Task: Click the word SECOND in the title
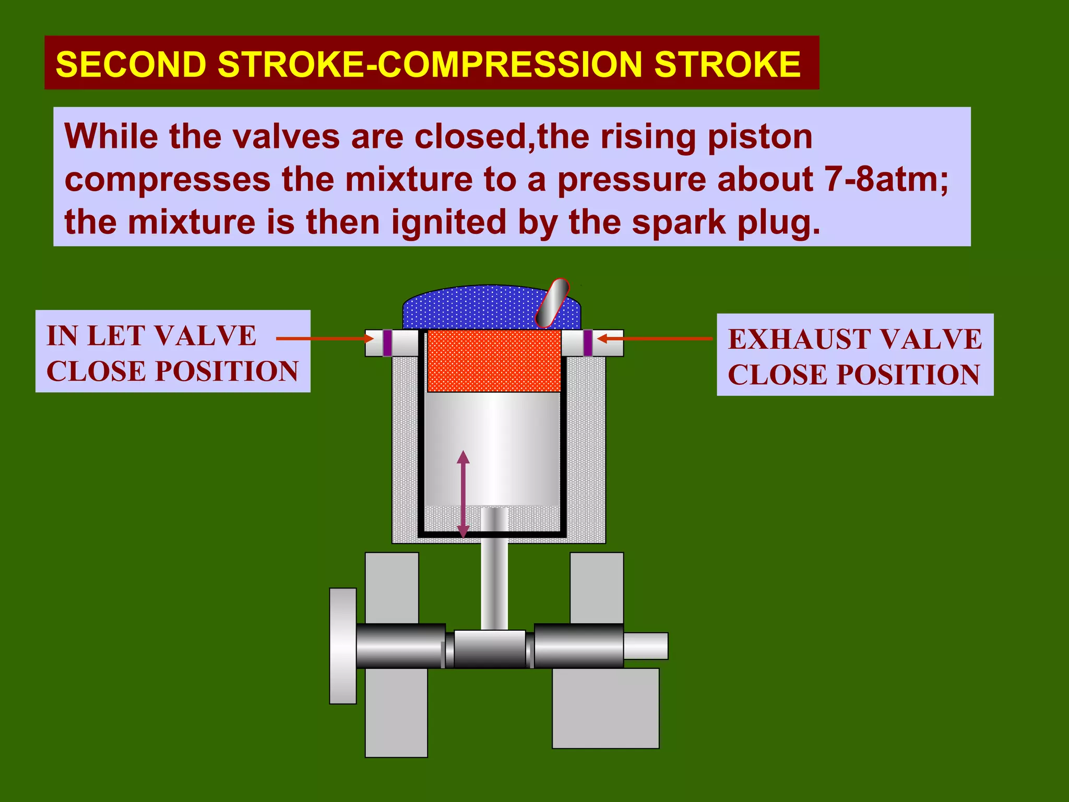tap(130, 64)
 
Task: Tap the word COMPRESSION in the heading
tap(509, 64)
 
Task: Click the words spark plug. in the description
tap(726, 222)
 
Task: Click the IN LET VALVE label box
tap(173, 351)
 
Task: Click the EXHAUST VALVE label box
tap(854, 355)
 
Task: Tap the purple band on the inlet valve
tap(387, 343)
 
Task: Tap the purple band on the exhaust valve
tap(588, 343)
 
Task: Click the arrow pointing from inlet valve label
tap(324, 338)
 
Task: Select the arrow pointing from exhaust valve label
tap(655, 338)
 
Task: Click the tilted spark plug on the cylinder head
tap(552, 303)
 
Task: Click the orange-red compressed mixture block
tap(494, 361)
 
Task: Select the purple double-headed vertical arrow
tap(463, 494)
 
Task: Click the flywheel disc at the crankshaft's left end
tap(343, 646)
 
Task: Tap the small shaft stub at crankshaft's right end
tap(646, 646)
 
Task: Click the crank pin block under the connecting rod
tap(490, 648)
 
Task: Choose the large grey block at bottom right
tap(605, 708)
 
